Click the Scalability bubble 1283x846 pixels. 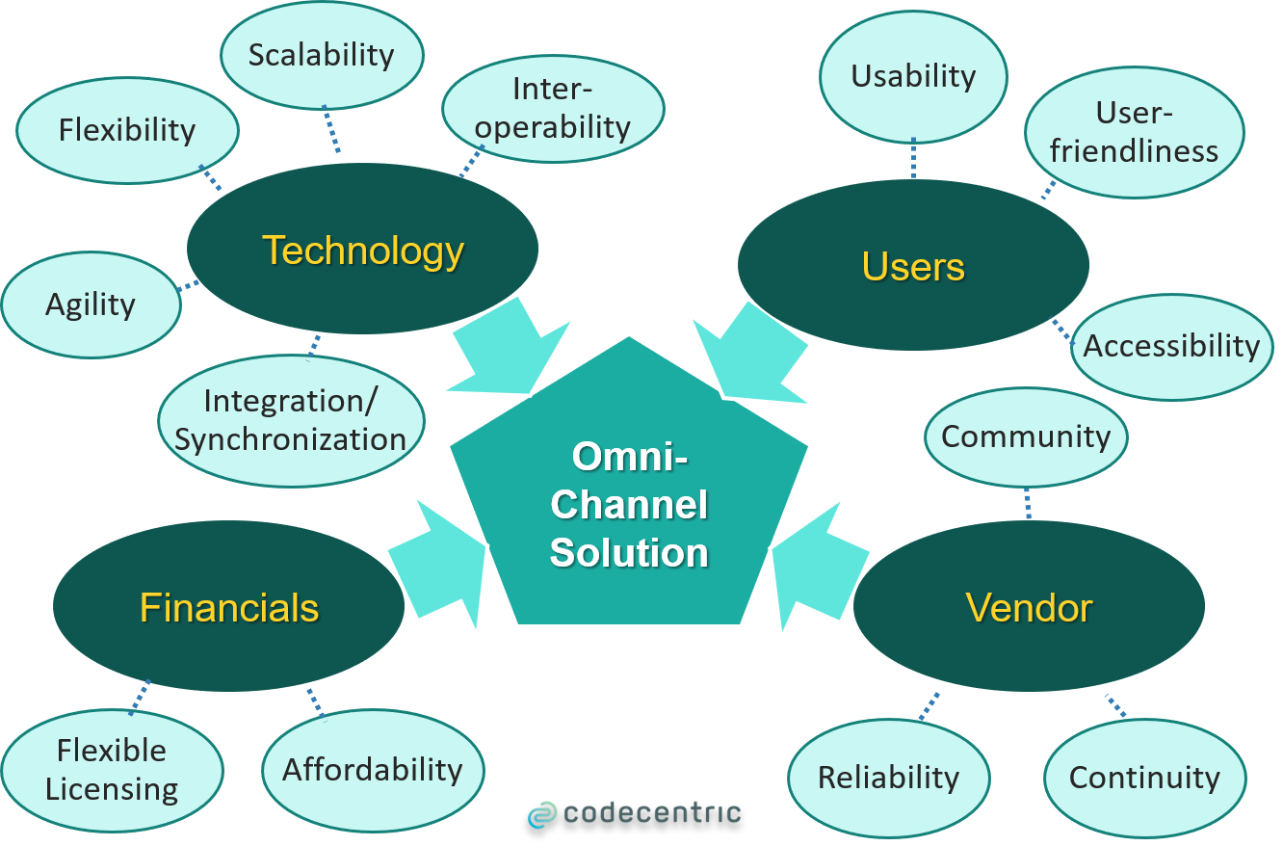click(322, 56)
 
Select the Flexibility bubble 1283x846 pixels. click(127, 130)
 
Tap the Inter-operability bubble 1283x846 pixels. click(553, 108)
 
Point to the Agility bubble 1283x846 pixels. click(91, 304)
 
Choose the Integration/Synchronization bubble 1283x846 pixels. click(291, 420)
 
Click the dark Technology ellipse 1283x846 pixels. click(362, 251)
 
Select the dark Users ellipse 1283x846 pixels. click(913, 266)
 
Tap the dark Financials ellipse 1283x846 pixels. click(229, 607)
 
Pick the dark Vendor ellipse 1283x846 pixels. click(1029, 607)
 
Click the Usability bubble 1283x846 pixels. click(913, 76)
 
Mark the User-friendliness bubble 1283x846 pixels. click(1134, 132)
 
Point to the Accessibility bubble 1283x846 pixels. click(1171, 346)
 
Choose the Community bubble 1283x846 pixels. click(1026, 436)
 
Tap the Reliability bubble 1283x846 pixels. click(888, 778)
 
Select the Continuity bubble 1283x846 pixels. click(1144, 778)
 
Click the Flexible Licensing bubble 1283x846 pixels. click(112, 769)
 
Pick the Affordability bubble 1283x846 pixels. click(373, 769)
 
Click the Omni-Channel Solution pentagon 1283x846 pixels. click(629, 506)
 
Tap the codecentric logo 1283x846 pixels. click(635, 813)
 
